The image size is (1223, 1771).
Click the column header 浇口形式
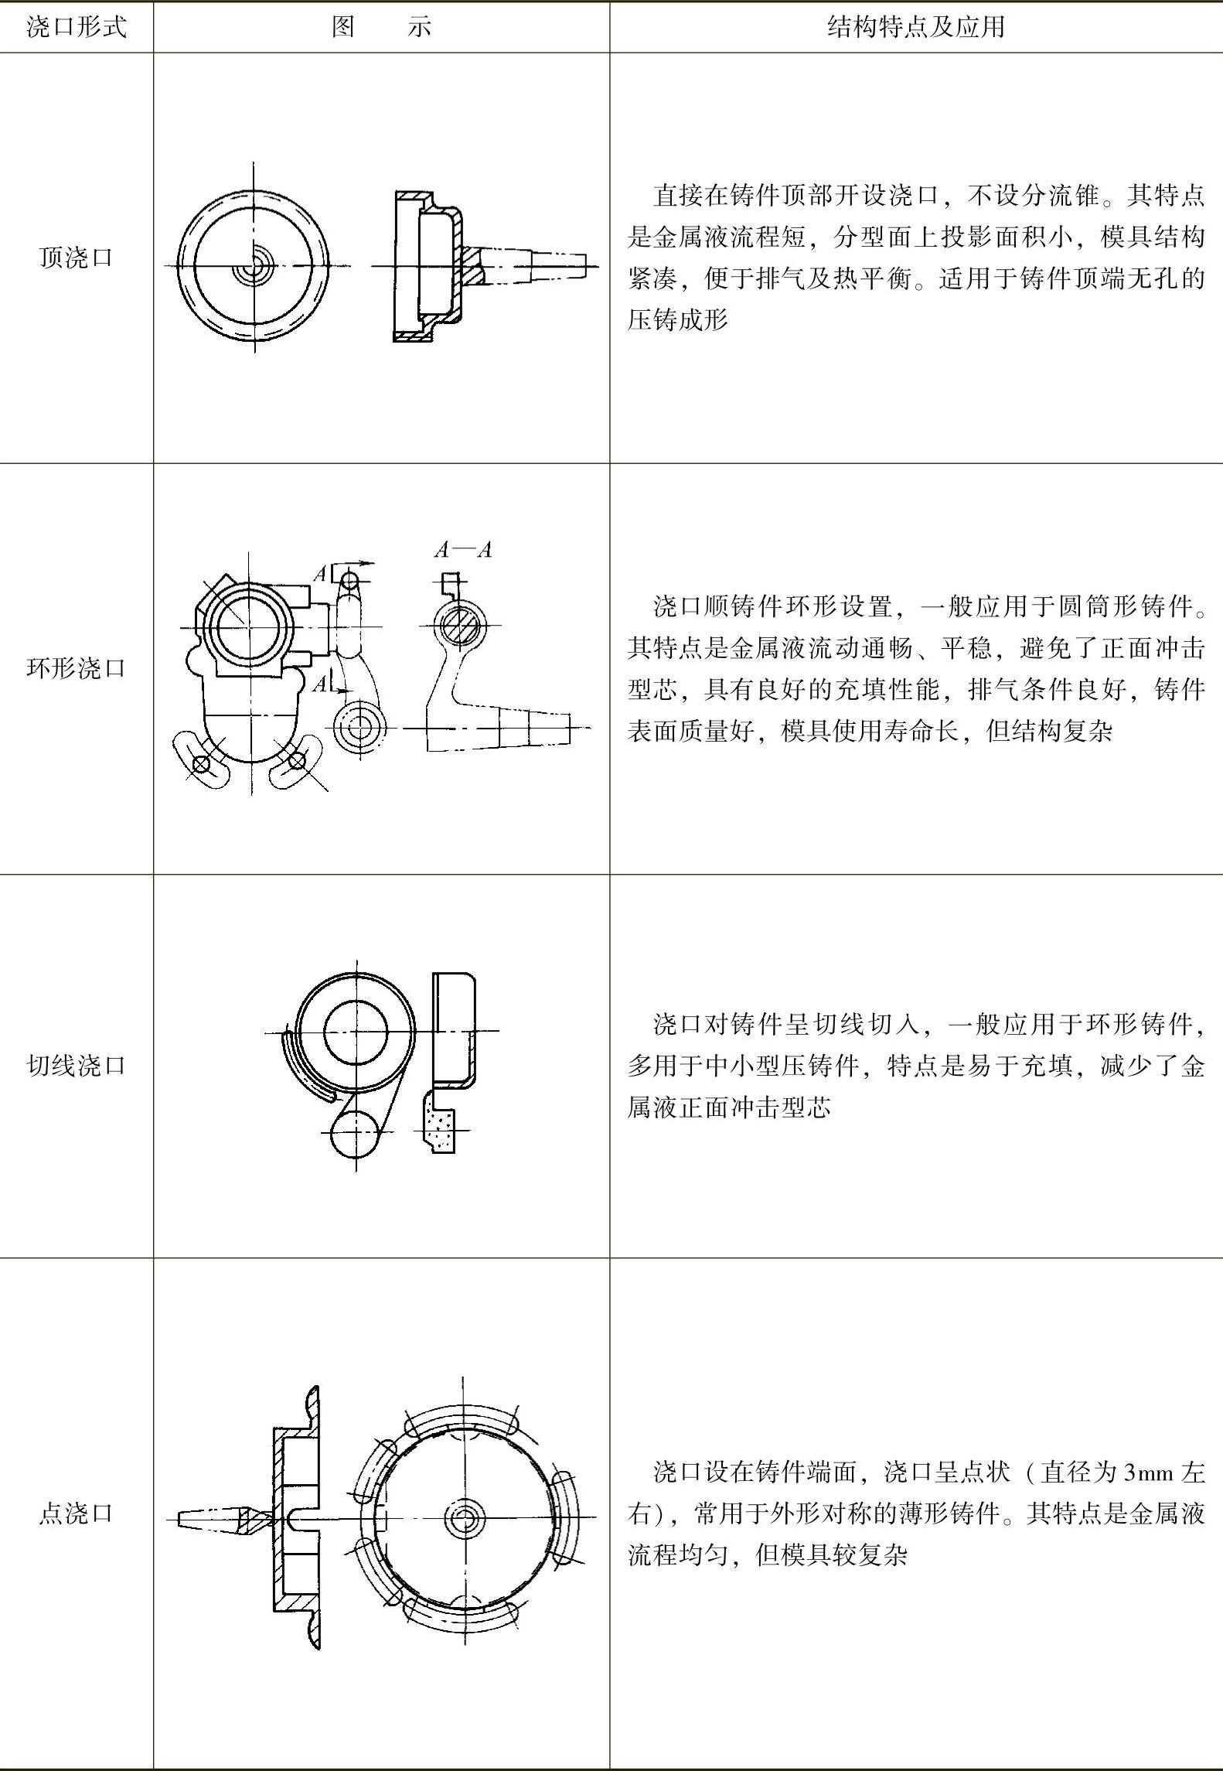click(x=76, y=28)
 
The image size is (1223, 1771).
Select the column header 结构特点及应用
click(x=915, y=28)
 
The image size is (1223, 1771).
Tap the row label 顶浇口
click(x=76, y=258)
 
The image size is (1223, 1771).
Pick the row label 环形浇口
click(x=76, y=668)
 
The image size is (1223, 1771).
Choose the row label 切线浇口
click(x=76, y=1066)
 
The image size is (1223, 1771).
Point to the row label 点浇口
click(x=76, y=1513)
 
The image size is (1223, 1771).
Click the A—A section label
click(x=463, y=550)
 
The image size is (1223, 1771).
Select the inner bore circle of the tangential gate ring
click(x=356, y=1031)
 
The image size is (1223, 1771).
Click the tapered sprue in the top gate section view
click(x=533, y=265)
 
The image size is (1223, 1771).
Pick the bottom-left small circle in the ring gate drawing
click(x=201, y=764)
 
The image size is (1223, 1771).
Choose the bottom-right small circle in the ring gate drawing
click(x=296, y=763)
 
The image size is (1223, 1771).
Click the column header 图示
click(x=381, y=28)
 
